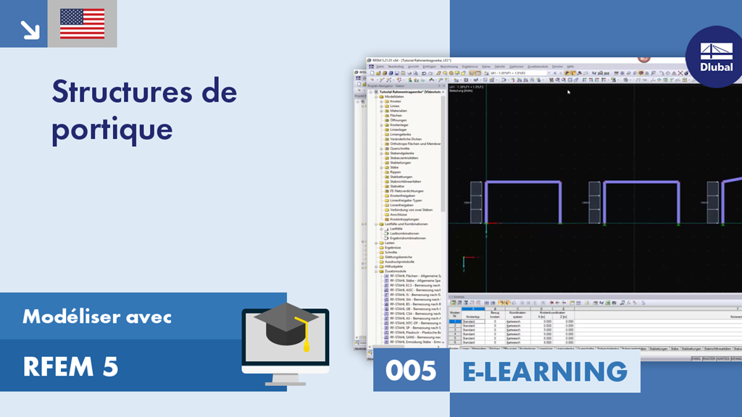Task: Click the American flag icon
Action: point(82,24)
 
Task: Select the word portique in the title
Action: point(112,129)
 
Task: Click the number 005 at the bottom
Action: point(411,371)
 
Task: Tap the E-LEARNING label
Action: point(545,371)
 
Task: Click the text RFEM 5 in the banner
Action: point(70,367)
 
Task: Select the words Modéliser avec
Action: point(97,316)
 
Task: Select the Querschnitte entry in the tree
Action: point(400,148)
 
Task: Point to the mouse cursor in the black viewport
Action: point(569,92)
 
